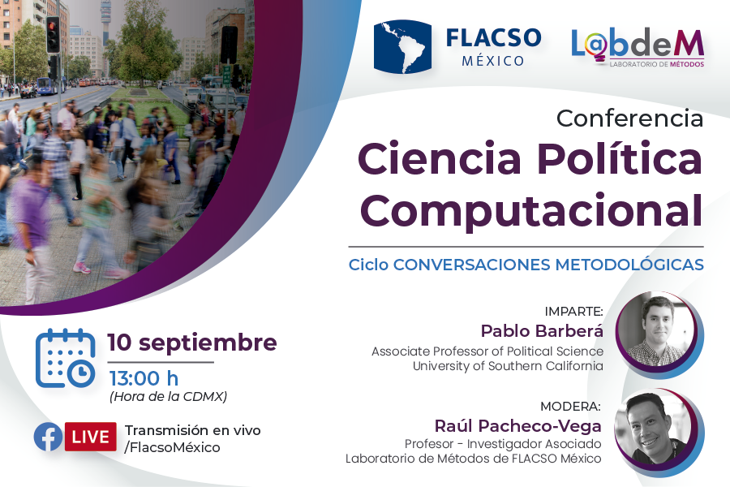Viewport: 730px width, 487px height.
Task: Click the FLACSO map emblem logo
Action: tap(402, 46)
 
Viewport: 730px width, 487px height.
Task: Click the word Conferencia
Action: tap(630, 119)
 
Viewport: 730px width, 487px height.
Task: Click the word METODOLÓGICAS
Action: tap(629, 265)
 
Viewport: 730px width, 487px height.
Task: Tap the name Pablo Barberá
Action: tap(542, 331)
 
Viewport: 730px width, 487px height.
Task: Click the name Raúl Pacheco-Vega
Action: tap(517, 426)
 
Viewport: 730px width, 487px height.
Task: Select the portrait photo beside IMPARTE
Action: tap(658, 332)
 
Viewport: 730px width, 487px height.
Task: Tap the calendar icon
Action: tap(65, 358)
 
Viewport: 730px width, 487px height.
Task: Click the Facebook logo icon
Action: tap(48, 437)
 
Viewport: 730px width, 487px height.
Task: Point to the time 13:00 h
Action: tap(144, 378)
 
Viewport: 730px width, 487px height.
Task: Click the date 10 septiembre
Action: tap(192, 343)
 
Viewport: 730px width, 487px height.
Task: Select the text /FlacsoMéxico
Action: tap(172, 447)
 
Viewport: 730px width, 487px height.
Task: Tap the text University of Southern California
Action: tap(508, 366)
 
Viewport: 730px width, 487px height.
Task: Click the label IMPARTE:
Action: tap(573, 312)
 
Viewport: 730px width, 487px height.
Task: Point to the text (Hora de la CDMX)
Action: tap(168, 397)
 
